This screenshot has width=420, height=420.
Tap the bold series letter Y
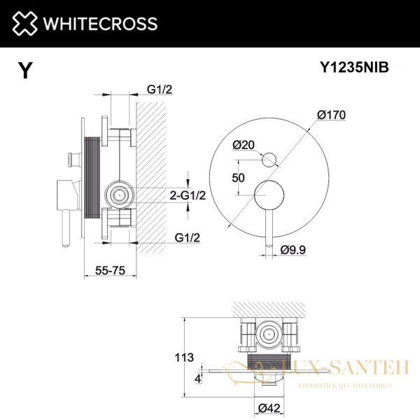(25, 71)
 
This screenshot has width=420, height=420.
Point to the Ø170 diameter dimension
(331, 114)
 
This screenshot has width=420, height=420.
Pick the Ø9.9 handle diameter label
(295, 249)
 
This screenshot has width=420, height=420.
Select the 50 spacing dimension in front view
(237, 178)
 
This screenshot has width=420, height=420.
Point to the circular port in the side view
(119, 194)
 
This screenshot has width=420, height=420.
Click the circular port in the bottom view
(267, 335)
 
